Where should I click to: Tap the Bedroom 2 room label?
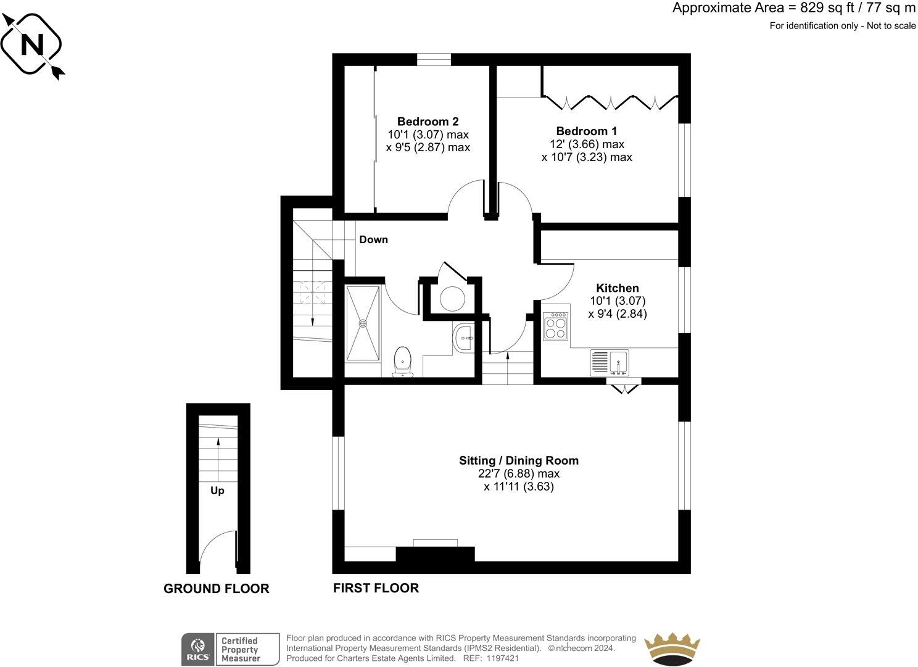coord(428,122)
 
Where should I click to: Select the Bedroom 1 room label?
coord(586,131)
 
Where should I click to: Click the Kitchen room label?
coord(617,288)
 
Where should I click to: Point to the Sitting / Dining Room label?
coord(518,460)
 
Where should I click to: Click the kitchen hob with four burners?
coord(556,326)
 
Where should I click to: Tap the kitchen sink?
coord(609,362)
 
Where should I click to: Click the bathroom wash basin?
coord(463,338)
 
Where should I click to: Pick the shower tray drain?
coord(363,323)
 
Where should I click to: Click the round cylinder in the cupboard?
coord(452,298)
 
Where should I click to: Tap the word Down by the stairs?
coord(373,239)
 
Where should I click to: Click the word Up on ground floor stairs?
coord(217,491)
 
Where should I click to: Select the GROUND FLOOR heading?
coord(216,589)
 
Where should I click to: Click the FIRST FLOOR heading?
coord(376,588)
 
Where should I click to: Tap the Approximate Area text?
coord(793,8)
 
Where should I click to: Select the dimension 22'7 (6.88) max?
coord(518,474)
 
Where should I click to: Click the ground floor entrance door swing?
coord(219,549)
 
